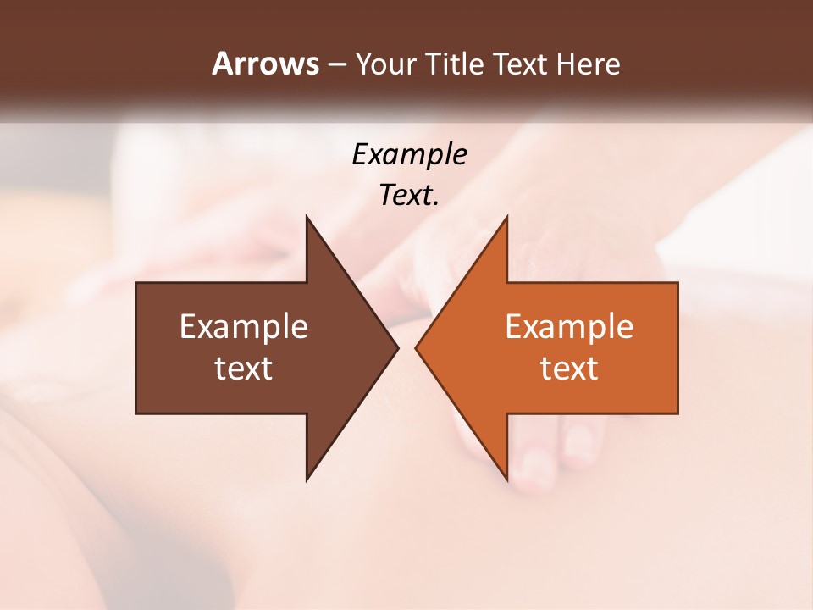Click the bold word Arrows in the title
(x=265, y=64)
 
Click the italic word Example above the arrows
(x=409, y=154)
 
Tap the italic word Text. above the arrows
(x=409, y=196)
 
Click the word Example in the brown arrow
(x=244, y=326)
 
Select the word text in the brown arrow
(x=244, y=369)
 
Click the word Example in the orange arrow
(x=569, y=326)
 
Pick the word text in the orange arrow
(x=569, y=369)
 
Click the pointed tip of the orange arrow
(x=417, y=347)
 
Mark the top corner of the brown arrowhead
(x=307, y=218)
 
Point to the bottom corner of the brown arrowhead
(x=307, y=479)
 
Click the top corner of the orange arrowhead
(x=506, y=218)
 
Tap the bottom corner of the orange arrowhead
(x=506, y=479)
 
